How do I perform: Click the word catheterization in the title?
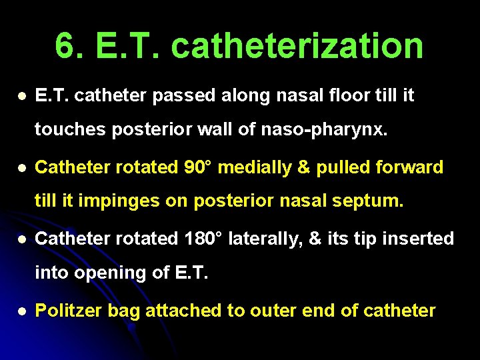(297, 46)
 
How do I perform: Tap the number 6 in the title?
(65, 46)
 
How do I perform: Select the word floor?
(333, 96)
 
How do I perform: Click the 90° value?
(198, 167)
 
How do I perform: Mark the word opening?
(102, 273)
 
